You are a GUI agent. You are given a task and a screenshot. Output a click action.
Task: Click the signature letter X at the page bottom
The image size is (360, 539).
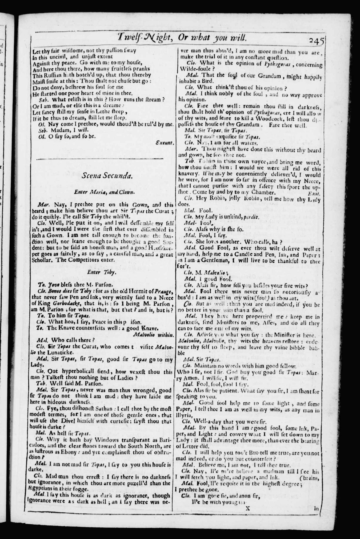coord(247,508)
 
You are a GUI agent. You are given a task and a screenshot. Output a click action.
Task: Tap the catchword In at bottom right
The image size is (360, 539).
coord(316,508)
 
